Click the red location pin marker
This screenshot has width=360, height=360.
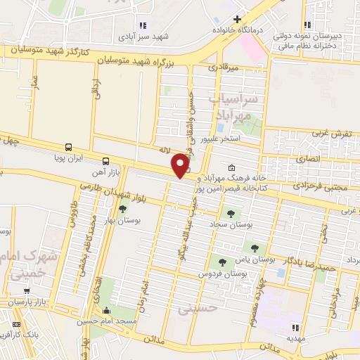pos(181,165)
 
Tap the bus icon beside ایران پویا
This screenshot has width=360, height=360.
pos(68,148)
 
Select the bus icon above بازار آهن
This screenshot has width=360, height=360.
pos(106,160)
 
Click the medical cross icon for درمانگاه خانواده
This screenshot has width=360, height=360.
pos(237,19)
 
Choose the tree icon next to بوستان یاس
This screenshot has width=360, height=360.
pos(255,247)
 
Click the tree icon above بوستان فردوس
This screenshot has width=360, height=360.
pos(223,262)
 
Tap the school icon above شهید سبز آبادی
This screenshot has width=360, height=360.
pos(143,25)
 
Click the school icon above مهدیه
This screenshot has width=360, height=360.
pos(295,327)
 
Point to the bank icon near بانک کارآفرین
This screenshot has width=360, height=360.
pos(15,324)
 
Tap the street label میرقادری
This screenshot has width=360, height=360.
pos(224,67)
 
